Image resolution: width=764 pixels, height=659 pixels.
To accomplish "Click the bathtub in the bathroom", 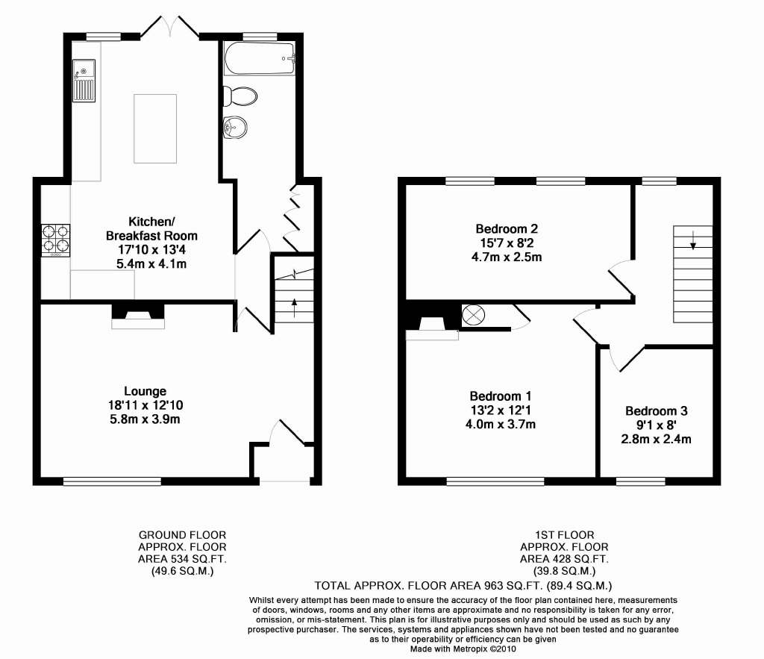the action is click(260, 59).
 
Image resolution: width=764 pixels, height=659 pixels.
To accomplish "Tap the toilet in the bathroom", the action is click(239, 96).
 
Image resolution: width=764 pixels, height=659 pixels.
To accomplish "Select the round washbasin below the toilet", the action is click(235, 128).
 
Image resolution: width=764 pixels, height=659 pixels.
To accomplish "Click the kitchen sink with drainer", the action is click(84, 81).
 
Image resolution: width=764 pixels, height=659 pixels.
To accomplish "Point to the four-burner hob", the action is click(55, 240).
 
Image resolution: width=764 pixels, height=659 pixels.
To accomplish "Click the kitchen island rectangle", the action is click(155, 128).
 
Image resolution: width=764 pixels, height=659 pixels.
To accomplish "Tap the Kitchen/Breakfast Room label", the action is click(151, 228).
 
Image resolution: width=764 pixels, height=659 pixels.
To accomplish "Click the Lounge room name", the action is click(145, 391).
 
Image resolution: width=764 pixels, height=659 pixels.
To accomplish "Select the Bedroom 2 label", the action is click(507, 228).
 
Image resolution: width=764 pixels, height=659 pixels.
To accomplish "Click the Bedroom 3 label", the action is click(657, 411).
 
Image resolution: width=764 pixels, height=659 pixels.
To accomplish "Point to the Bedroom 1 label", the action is click(501, 396).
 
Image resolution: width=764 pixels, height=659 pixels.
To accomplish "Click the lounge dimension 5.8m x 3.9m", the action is click(145, 419).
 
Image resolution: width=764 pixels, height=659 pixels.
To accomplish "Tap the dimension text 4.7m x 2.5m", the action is click(507, 257).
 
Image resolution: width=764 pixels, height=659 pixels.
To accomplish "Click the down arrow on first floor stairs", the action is click(693, 239).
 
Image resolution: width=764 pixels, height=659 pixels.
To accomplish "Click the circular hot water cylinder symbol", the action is click(474, 315).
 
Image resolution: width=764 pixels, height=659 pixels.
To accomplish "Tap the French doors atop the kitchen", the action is click(170, 26).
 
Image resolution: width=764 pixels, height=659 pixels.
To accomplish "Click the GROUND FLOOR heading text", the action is click(182, 535).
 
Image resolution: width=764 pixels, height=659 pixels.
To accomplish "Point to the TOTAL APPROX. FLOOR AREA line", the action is click(463, 585).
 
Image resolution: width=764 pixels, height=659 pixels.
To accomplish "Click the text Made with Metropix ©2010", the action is click(463, 649).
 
